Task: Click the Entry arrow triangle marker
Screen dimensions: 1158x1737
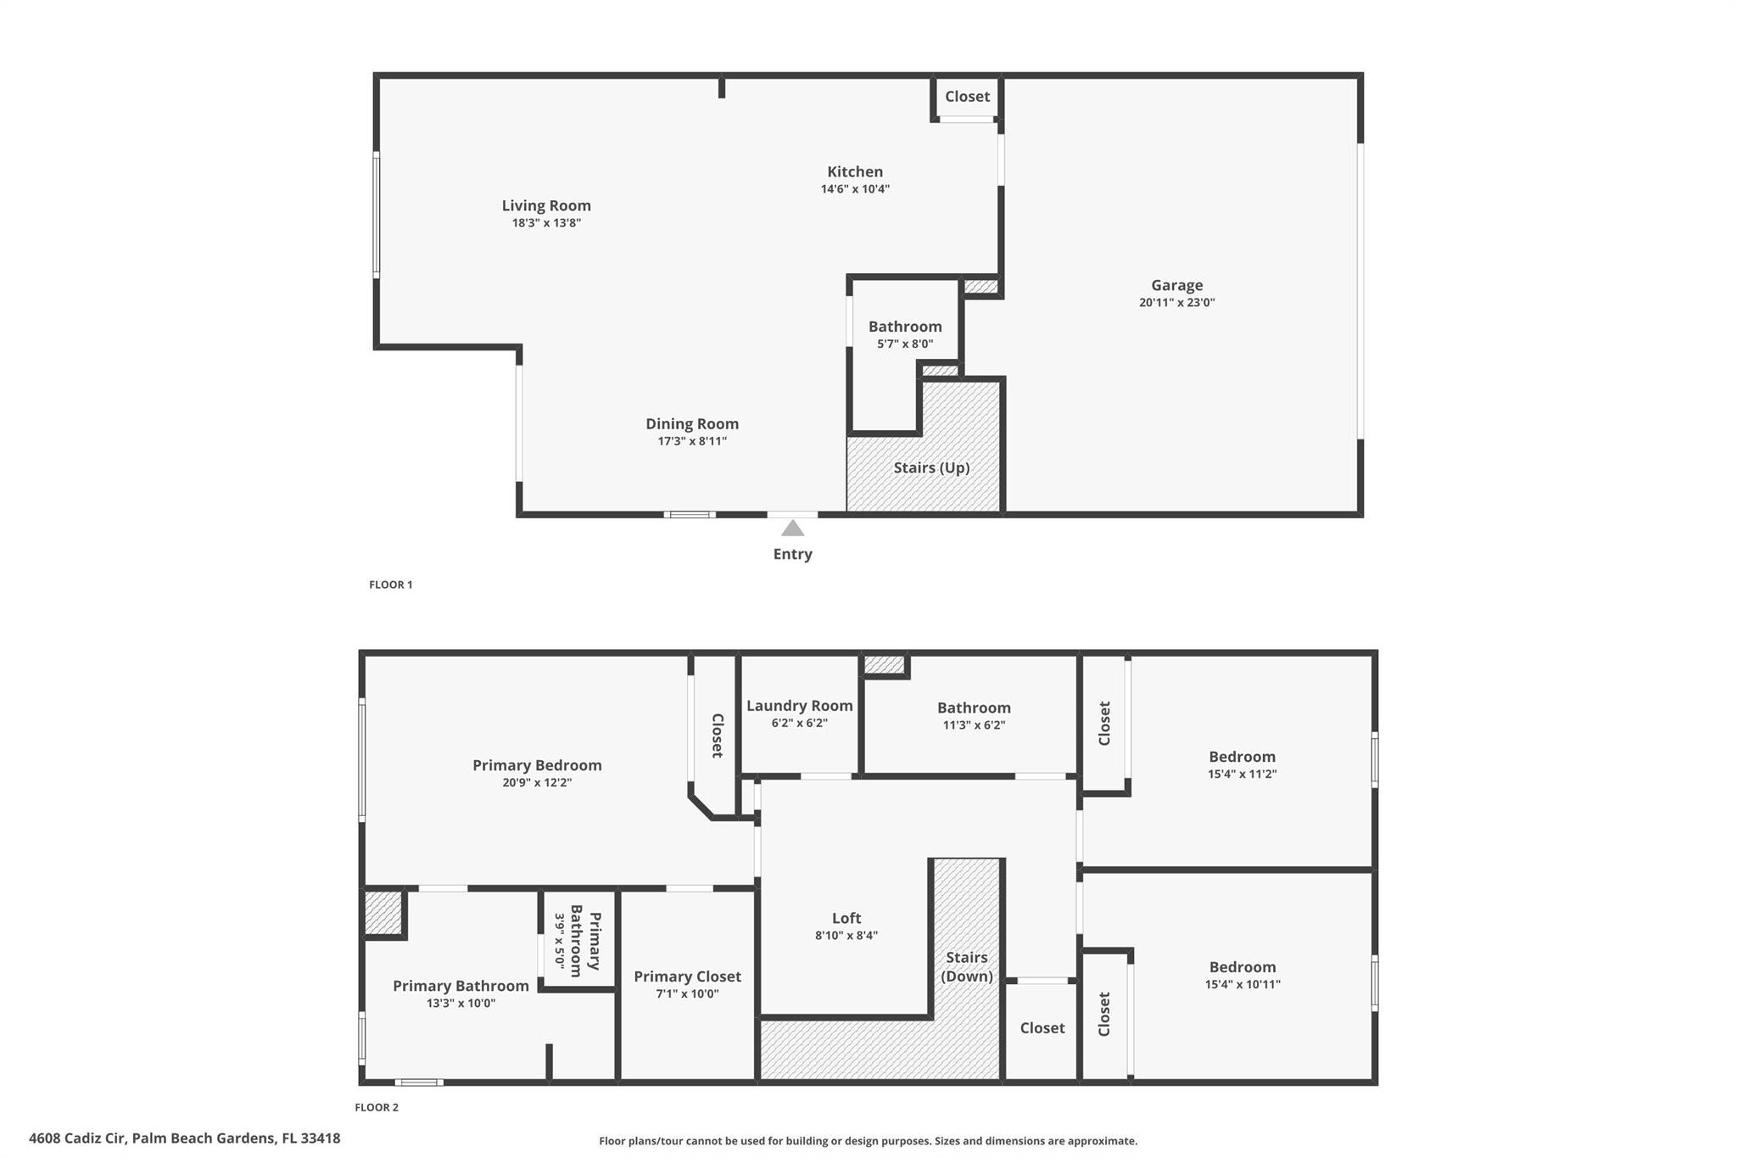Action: point(792,529)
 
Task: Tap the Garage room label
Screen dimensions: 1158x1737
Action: point(1176,286)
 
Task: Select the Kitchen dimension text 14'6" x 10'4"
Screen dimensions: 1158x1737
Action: point(855,189)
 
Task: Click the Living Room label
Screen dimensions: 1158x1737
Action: point(546,205)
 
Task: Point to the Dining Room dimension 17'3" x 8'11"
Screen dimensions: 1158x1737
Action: point(692,441)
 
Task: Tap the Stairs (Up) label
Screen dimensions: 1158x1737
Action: point(931,467)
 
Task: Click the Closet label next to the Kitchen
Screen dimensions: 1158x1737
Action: point(967,97)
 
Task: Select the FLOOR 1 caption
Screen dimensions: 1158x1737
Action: point(391,585)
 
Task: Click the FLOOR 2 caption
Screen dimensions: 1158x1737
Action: point(377,1107)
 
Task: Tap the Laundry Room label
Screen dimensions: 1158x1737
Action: point(799,706)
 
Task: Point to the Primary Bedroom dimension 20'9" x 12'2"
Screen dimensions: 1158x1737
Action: point(537,782)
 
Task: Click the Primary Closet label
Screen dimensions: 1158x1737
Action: point(687,976)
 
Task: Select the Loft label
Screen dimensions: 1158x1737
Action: point(846,918)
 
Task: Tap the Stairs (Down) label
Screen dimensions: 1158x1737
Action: point(967,966)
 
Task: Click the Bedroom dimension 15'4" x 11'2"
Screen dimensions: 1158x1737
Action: point(1242,774)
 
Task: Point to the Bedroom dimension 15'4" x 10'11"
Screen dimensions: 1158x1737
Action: point(1242,984)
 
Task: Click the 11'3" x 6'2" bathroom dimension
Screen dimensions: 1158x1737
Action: point(974,724)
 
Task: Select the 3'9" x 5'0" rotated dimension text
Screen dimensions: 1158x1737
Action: point(560,940)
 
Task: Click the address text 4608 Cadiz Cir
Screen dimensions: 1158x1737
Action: point(77,1138)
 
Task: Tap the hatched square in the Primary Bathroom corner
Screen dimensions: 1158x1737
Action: point(383,912)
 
